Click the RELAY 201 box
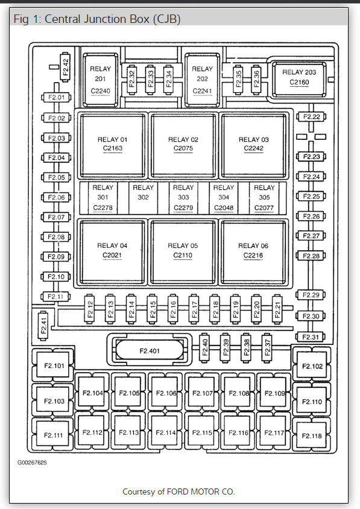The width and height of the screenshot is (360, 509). coord(101,80)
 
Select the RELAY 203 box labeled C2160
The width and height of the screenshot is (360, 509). coord(299,80)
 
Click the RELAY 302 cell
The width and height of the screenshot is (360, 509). coord(143,197)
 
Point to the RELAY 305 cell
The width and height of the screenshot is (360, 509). coord(264,197)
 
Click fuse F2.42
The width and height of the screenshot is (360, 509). coord(65,67)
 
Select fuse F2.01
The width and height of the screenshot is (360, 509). coord(56,97)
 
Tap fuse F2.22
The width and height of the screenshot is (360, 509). coord(311,117)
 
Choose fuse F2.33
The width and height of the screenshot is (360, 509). coord(150,79)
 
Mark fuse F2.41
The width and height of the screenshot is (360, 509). coord(43,325)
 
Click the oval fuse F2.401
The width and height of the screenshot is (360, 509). coord(150,350)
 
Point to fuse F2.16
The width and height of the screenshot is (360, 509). coord(172,309)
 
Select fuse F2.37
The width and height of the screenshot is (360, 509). coord(267,347)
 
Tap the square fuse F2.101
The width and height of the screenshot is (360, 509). coord(54,365)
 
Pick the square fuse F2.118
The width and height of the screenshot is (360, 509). coord(312,435)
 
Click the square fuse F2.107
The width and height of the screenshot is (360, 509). coord(203,392)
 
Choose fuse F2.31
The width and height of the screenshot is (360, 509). coord(311,337)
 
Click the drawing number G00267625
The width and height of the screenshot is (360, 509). coord(32,462)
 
